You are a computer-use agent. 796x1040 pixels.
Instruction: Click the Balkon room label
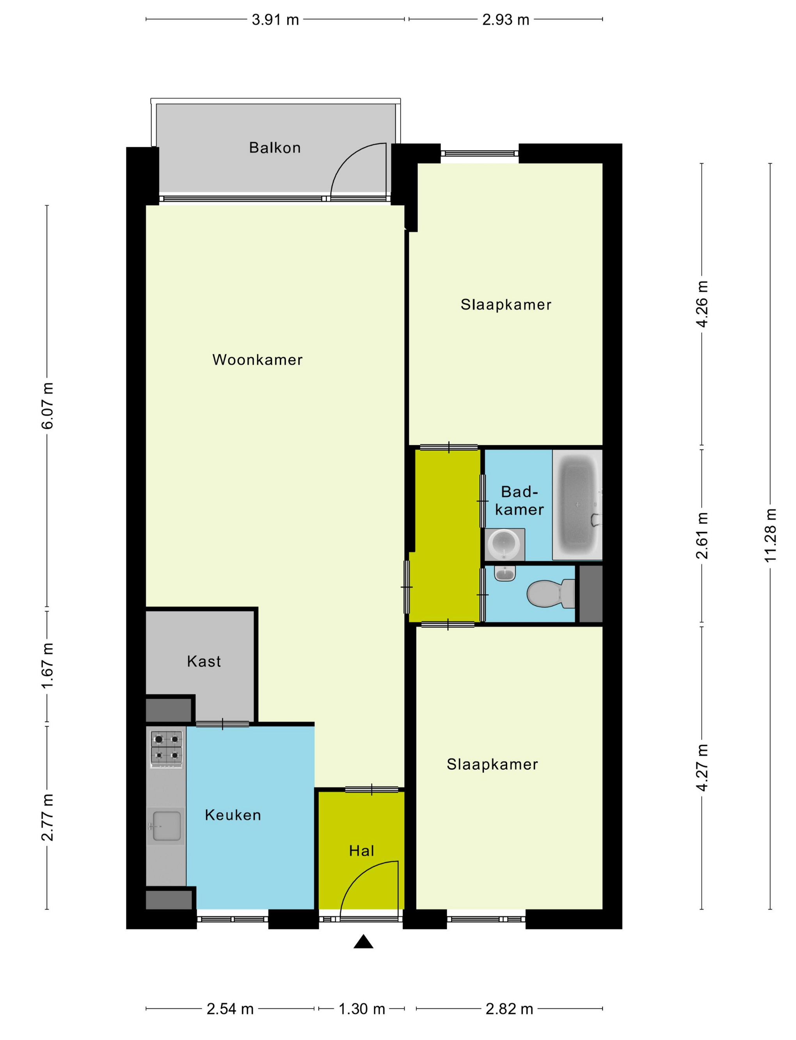pyautogui.click(x=275, y=148)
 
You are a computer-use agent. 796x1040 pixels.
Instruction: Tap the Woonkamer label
pyautogui.click(x=257, y=360)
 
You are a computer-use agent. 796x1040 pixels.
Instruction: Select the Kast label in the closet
pyautogui.click(x=204, y=661)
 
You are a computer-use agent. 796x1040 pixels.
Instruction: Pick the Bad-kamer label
pyautogui.click(x=519, y=500)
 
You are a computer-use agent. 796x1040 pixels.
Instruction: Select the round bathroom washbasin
pyautogui.click(x=505, y=544)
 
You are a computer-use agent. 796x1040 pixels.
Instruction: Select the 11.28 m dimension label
pyautogui.click(x=770, y=535)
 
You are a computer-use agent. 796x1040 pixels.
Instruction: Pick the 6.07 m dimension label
pyautogui.click(x=48, y=405)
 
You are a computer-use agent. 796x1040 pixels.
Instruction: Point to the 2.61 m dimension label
pyautogui.click(x=702, y=535)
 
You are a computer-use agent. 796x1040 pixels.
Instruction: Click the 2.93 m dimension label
pyautogui.click(x=506, y=20)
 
